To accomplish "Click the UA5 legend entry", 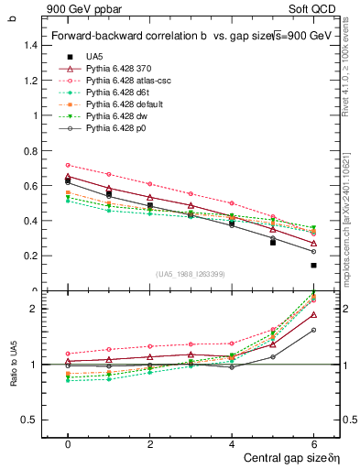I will click(x=95, y=57).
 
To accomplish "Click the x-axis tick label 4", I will click(x=233, y=444).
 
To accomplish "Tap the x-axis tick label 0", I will click(x=68, y=444).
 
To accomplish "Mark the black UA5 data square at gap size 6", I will click(x=314, y=266).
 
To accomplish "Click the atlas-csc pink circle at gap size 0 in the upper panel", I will click(x=68, y=165).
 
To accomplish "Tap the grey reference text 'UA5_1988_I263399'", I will click(x=191, y=274).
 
